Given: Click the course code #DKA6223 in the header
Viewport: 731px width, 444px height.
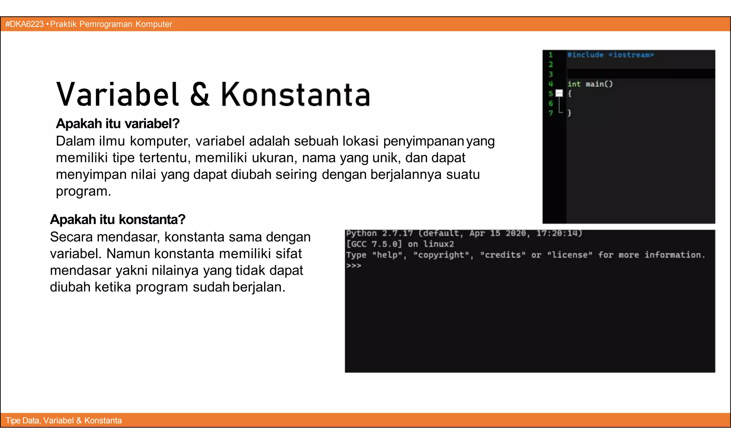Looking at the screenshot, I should pos(24,24).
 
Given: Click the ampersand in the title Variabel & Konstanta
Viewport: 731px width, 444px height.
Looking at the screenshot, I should pos(200,95).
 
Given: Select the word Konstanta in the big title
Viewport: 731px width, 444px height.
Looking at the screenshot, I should pos(296,95).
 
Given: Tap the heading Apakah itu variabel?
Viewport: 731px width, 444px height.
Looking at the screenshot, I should pos(117,124).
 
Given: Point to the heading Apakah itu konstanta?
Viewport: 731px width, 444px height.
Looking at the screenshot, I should pos(117,219).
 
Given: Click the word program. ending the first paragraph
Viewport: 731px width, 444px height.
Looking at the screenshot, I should pos(83,191).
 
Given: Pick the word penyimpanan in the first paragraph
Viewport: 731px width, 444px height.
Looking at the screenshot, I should pos(423,141).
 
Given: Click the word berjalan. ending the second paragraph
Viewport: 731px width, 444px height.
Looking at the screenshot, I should pos(259,287).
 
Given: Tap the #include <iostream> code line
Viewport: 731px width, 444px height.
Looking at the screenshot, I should pos(610,55).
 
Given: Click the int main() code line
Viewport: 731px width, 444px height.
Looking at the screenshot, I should pos(590,84).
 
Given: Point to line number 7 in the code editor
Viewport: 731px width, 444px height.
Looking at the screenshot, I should pos(551,113).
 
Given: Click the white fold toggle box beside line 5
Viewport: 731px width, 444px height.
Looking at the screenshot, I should pos(559,94).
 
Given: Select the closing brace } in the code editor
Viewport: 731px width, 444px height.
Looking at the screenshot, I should pos(570,113).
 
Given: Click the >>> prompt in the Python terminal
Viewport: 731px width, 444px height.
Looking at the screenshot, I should pos(353,266).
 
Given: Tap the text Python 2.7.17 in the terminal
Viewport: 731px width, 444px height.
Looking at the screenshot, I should pos(379,233).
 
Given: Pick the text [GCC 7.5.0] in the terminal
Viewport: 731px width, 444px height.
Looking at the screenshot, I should pos(374,244).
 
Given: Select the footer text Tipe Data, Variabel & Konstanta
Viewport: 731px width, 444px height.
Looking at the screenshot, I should pos(64,420).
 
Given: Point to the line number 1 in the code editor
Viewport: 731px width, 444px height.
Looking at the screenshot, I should pos(551,55).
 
